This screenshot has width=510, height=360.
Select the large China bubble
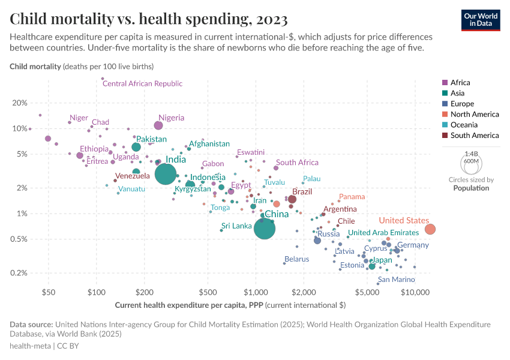point(265,228)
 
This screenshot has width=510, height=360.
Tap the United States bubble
point(430,229)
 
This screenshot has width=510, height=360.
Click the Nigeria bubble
point(158,125)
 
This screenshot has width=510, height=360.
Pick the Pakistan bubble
point(136,147)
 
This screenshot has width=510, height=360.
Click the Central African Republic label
point(142,84)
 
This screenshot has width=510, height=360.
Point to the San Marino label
point(396,280)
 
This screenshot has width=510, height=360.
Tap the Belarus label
point(297,259)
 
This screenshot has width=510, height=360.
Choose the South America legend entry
point(474,136)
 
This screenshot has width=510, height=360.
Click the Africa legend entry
point(460,82)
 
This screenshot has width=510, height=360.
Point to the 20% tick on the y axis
point(20,103)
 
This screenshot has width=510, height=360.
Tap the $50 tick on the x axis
point(49,293)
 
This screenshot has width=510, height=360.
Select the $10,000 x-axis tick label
point(415,293)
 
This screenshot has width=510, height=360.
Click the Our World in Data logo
point(481,19)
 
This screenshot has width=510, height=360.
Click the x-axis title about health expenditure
point(230,305)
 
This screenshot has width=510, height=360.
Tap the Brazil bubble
point(292,199)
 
